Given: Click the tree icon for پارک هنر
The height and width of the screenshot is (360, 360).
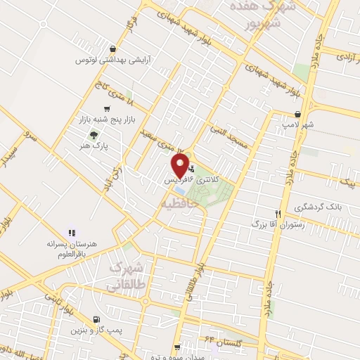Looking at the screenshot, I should tap(91, 136).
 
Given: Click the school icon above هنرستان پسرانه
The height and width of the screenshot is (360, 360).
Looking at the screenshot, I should tap(71, 233).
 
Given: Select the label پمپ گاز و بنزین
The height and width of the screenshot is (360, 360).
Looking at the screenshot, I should tap(96, 329).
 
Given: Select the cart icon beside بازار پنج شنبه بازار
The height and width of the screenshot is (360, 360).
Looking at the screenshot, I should tap(106, 108).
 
